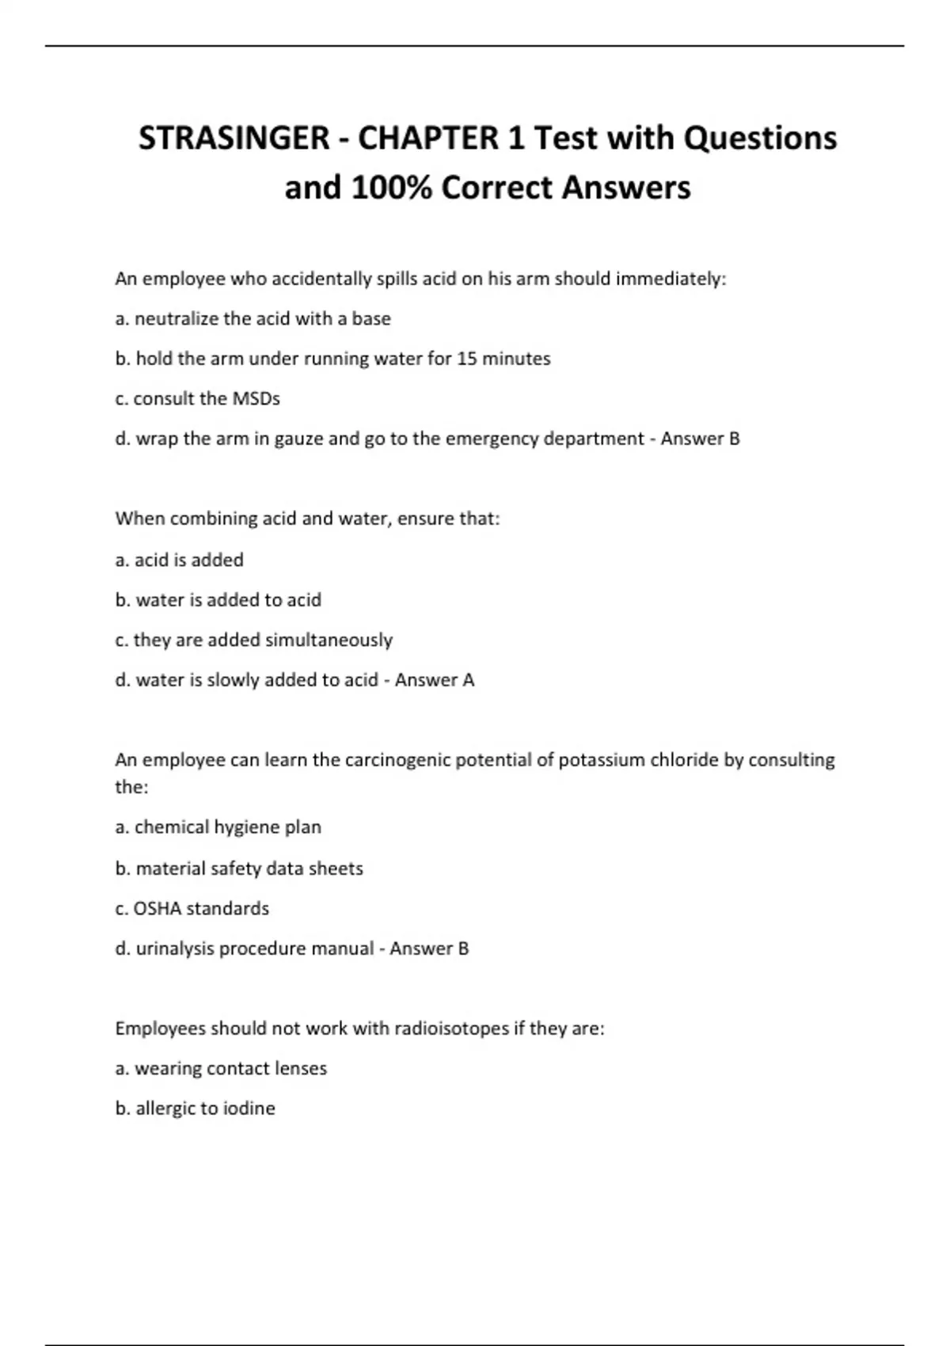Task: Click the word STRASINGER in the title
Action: (234, 139)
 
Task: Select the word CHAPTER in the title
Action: (428, 139)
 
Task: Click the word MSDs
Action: (256, 398)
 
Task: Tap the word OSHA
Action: (157, 908)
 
